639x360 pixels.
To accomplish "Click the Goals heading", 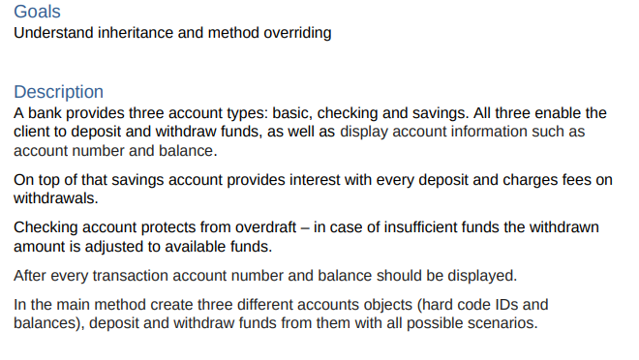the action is point(37,12).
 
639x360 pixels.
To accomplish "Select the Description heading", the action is point(58,92).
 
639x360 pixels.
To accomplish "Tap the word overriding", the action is point(297,33).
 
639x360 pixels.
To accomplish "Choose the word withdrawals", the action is point(56,198).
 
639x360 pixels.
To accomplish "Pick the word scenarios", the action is point(501,322).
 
